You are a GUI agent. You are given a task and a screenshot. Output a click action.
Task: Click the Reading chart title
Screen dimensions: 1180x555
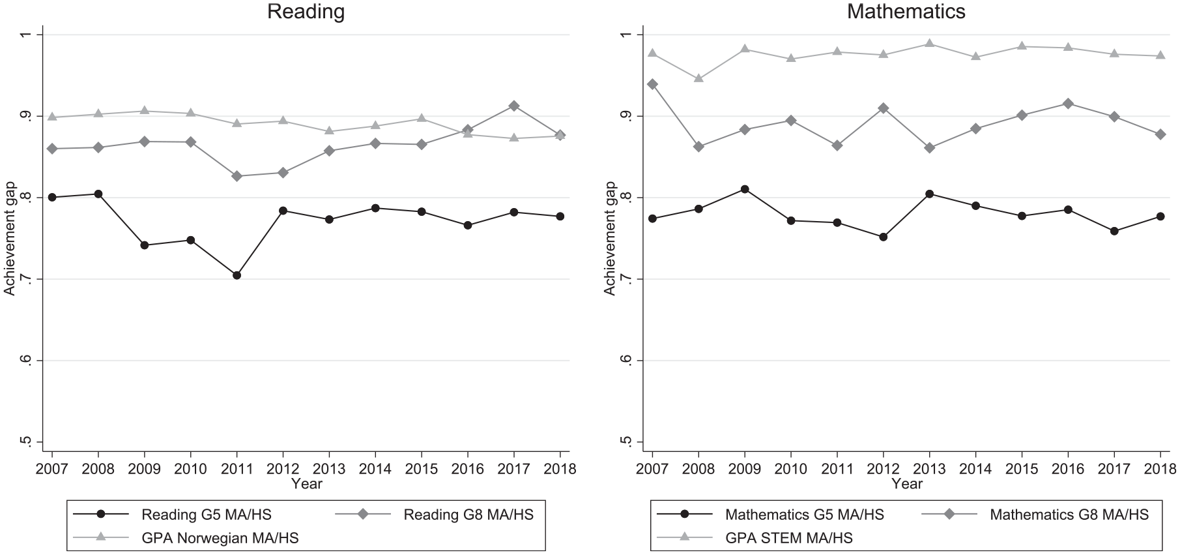[306, 11]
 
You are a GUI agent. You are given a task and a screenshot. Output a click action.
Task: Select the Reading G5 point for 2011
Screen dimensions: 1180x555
[237, 275]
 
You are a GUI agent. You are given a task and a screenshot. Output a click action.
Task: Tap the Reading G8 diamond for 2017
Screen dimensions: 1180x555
[514, 106]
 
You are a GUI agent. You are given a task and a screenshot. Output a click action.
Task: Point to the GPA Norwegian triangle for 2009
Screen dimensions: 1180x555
[144, 111]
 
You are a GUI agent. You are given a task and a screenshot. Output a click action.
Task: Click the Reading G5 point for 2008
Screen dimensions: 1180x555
[98, 194]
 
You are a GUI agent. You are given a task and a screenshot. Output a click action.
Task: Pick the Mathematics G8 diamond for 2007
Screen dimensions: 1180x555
[652, 84]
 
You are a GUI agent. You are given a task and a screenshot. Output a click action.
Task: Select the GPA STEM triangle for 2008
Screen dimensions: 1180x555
[698, 78]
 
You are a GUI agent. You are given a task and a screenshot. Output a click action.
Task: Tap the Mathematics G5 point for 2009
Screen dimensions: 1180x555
[745, 189]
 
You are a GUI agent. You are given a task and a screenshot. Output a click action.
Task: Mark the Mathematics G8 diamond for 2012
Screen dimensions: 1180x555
[883, 108]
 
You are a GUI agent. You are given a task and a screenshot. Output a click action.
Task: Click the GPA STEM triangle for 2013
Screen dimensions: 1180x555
[929, 44]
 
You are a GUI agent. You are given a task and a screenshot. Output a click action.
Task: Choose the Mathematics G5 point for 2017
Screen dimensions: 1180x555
[1114, 231]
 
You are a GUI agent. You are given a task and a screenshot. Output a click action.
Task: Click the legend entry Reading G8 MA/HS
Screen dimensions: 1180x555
[468, 515]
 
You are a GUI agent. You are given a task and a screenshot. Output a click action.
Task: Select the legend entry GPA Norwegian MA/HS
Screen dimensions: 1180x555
[220, 538]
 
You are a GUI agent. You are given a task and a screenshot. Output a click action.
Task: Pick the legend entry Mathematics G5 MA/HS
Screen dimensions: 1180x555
[805, 515]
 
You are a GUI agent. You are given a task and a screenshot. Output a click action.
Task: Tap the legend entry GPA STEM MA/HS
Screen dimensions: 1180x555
[789, 538]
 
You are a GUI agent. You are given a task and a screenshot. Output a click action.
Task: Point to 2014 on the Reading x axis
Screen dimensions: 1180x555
[375, 469]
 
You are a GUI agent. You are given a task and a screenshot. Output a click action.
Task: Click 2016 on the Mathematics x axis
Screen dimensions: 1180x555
[1068, 469]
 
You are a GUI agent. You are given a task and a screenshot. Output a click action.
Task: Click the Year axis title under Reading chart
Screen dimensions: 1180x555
[306, 484]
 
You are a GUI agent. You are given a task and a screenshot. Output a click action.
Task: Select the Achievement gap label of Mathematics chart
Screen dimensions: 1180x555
[610, 237]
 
